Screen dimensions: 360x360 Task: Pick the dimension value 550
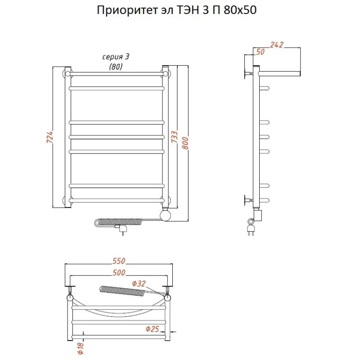point(119,261)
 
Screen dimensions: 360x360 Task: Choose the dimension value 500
point(119,273)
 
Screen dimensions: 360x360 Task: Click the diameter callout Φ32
point(139,283)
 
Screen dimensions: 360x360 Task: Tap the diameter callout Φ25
point(152,329)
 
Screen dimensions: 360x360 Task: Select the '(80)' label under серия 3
point(116,67)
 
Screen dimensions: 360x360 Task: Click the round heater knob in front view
point(166,216)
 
